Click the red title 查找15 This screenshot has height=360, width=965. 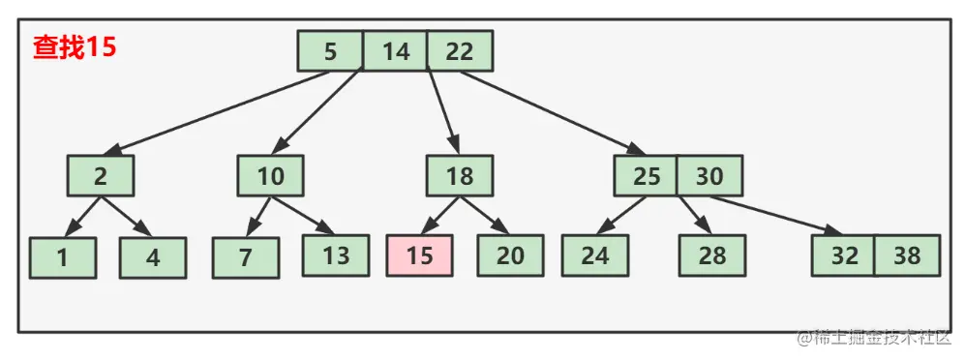coord(75,47)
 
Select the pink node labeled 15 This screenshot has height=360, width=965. coord(419,255)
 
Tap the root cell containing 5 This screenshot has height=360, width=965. coord(331,51)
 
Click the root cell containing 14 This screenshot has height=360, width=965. coord(395,51)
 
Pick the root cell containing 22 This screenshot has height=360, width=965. coord(460,51)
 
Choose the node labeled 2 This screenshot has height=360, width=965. coord(100,177)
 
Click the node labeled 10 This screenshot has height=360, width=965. coord(270,177)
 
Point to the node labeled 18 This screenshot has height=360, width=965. coord(459,177)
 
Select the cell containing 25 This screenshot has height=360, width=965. coord(646,177)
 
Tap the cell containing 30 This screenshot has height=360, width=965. coord(709,177)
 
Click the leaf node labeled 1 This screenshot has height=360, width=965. coord(62,256)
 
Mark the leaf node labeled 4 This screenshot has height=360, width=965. coord(152,256)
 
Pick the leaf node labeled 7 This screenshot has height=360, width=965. coord(246,256)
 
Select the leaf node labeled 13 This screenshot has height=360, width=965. coord(335,255)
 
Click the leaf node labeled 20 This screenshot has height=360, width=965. coord(510,255)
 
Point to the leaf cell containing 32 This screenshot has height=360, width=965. coord(844,255)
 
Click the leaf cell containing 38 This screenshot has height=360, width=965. coord(907,255)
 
